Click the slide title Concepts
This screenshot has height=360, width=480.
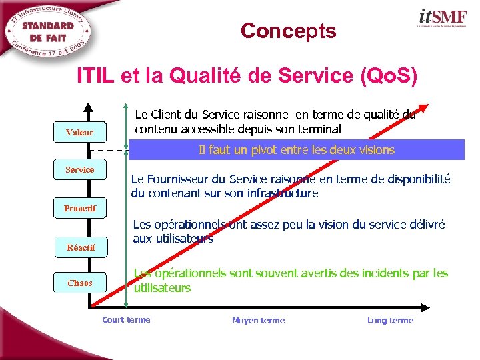(x=288, y=31)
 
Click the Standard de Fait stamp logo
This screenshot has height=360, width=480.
(x=49, y=31)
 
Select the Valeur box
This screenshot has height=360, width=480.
(x=80, y=133)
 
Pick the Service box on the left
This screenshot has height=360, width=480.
(x=80, y=170)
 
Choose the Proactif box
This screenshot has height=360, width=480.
(x=80, y=209)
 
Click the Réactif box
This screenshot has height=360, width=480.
(x=81, y=247)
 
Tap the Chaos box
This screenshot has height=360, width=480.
(x=80, y=283)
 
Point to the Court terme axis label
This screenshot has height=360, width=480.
(x=126, y=320)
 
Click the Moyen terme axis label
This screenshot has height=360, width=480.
(x=258, y=321)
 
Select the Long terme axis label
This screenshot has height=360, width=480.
(x=390, y=321)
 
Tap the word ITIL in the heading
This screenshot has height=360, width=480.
(x=96, y=77)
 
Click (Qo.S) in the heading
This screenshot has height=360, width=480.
(x=388, y=77)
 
